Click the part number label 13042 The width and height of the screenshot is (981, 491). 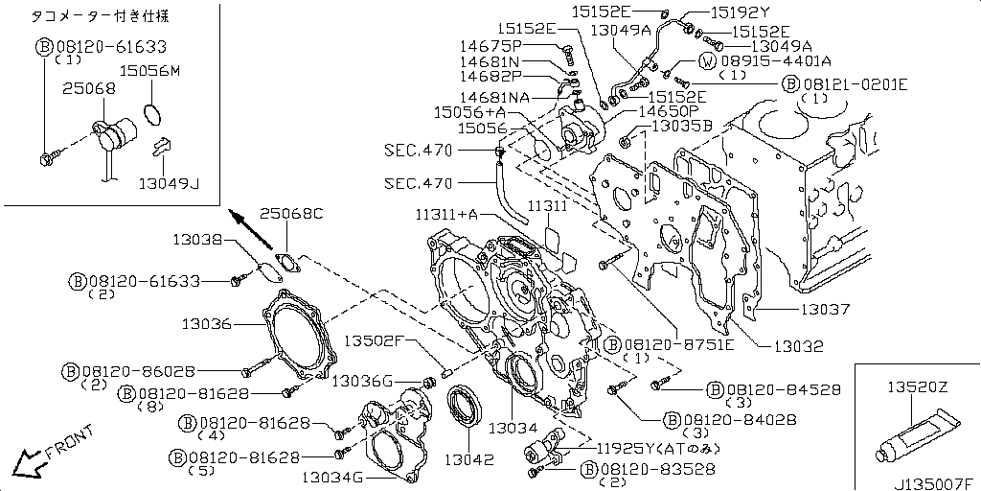469,459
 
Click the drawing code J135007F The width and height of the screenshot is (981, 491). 935,483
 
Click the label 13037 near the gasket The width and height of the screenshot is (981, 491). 825,309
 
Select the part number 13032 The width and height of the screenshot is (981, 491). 798,345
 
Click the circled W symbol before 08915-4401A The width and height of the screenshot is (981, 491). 706,61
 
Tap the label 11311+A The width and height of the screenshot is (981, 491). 446,215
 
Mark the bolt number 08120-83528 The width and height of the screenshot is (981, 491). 652,468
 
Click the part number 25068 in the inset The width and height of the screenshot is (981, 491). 89,89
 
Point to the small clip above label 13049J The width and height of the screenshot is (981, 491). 161,146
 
